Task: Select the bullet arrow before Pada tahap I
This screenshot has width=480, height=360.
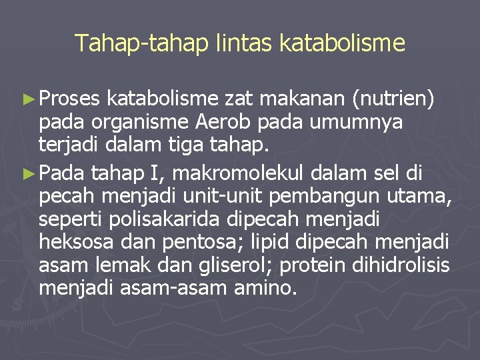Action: [x=28, y=174]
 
